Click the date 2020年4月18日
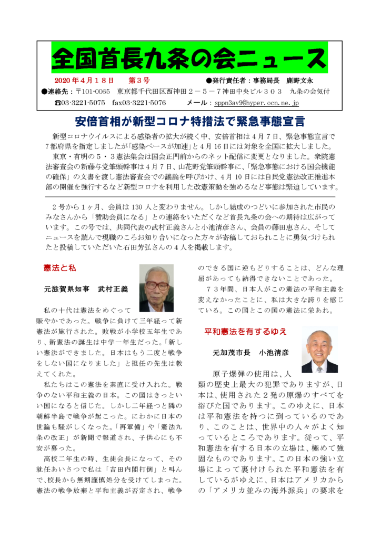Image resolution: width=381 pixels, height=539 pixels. pyautogui.click(x=85, y=80)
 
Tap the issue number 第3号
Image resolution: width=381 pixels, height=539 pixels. pyautogui.click(x=139, y=80)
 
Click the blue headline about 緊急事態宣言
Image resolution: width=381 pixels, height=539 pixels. pyautogui.click(x=190, y=122)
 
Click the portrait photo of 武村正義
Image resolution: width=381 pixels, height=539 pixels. pyautogui.click(x=156, y=288)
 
